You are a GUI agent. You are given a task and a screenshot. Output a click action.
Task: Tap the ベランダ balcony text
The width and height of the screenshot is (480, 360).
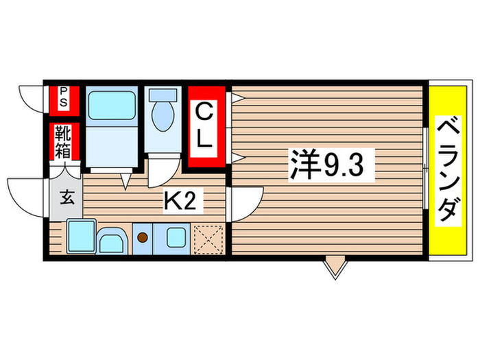447,169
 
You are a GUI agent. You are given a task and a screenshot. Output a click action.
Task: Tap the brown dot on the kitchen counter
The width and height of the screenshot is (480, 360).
143,238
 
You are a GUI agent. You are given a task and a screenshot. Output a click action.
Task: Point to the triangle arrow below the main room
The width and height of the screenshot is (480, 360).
335,267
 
